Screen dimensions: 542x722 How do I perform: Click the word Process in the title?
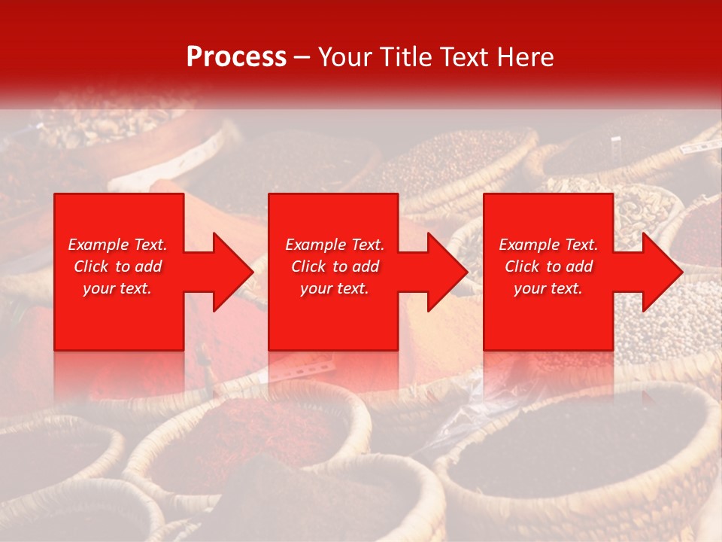(x=236, y=57)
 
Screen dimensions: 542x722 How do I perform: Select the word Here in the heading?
(x=526, y=57)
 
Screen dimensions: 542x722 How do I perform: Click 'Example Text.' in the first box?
(x=117, y=245)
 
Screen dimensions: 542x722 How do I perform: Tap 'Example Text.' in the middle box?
(x=335, y=245)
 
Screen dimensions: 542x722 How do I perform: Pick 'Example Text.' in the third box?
(x=548, y=245)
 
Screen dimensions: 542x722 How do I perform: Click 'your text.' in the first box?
(x=117, y=289)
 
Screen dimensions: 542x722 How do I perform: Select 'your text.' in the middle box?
(x=335, y=289)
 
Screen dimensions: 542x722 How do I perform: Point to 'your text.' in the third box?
(x=548, y=289)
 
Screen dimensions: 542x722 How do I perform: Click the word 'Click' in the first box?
(x=91, y=266)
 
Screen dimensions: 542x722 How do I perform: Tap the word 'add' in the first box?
(x=148, y=266)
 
